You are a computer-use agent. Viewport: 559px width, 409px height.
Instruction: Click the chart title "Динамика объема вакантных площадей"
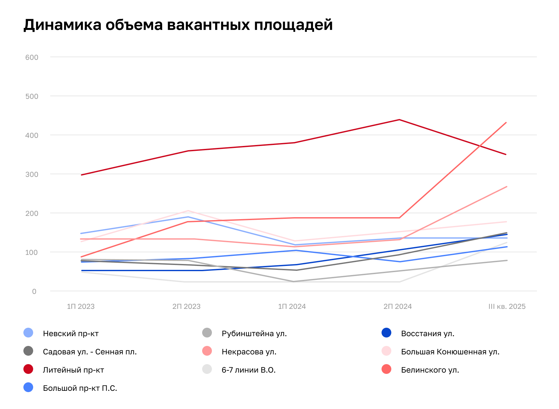[x=178, y=25]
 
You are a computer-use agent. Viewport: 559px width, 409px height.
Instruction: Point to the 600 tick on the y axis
[x=32, y=58]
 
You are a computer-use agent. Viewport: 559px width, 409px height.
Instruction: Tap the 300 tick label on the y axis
[x=32, y=174]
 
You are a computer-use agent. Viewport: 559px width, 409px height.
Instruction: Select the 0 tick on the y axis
[x=34, y=292]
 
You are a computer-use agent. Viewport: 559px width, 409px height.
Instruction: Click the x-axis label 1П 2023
[x=81, y=307]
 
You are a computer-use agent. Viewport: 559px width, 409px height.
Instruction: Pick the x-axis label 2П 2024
[x=397, y=307]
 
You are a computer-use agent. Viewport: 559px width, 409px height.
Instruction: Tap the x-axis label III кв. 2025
[x=507, y=307]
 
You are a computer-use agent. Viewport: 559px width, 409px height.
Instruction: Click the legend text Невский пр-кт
[x=71, y=334]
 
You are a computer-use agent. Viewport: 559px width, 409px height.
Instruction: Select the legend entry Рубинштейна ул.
[x=254, y=334]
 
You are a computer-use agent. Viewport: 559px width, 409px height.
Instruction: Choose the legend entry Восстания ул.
[x=428, y=334]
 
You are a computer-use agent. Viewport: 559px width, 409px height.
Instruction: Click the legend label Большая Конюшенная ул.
[x=450, y=352]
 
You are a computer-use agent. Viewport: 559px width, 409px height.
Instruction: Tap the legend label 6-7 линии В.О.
[x=249, y=370]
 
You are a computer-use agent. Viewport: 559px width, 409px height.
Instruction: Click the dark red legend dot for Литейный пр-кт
[x=28, y=369]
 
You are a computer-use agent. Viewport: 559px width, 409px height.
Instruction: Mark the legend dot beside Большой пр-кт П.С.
[x=28, y=388]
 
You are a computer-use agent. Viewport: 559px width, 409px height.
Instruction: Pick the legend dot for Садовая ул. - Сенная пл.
[x=28, y=351]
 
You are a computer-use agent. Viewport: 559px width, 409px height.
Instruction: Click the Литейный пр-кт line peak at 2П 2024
[x=399, y=120]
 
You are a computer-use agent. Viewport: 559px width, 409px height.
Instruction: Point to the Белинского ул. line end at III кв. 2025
[x=506, y=123]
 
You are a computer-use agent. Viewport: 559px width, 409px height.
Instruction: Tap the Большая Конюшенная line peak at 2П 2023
[x=188, y=211]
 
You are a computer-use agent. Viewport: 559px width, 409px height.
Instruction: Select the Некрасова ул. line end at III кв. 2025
[x=507, y=187]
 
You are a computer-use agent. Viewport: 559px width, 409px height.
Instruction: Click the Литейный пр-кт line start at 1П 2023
[x=82, y=175]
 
